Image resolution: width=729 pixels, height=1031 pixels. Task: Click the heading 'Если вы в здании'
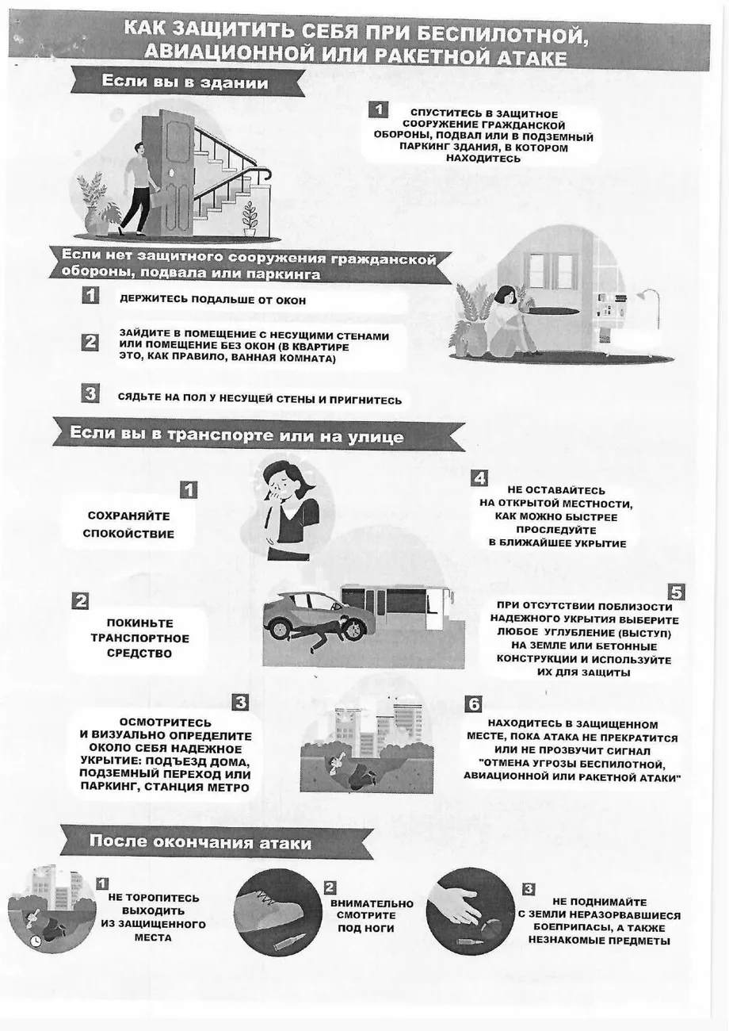pyautogui.click(x=185, y=82)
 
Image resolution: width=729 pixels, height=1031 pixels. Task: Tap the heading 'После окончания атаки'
pyautogui.click(x=200, y=841)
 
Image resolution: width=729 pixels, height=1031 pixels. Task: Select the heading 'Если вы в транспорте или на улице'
pyautogui.click(x=236, y=435)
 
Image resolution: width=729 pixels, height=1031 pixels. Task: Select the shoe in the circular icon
pyautogui.click(x=269, y=908)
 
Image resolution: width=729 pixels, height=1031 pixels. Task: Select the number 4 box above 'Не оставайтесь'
pyautogui.click(x=479, y=478)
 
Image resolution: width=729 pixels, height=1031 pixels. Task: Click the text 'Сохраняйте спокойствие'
pyautogui.click(x=128, y=525)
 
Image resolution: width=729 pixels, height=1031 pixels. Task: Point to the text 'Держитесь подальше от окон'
pyautogui.click(x=212, y=300)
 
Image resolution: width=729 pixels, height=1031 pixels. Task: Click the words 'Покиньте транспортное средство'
pyautogui.click(x=139, y=638)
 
